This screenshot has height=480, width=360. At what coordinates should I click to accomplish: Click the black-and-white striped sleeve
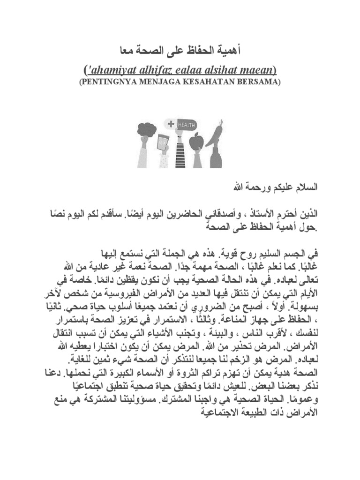[x=180, y=152]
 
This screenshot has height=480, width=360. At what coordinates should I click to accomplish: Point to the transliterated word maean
[x=259, y=70]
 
